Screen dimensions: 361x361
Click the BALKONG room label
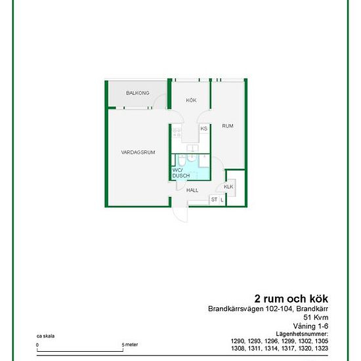click(x=138, y=93)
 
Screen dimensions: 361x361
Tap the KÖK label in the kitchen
click(x=191, y=100)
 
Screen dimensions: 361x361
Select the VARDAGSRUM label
click(x=138, y=152)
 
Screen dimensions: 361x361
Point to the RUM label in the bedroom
click(x=228, y=126)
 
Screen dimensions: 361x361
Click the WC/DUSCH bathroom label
click(x=181, y=173)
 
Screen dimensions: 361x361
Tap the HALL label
click(x=192, y=190)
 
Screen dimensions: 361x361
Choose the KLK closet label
click(x=228, y=186)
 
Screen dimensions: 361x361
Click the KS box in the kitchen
click(x=204, y=129)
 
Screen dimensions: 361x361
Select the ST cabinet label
click(x=214, y=200)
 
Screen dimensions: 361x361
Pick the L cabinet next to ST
click(x=222, y=200)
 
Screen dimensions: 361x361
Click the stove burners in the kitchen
click(x=177, y=133)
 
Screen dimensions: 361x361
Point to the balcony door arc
click(x=159, y=100)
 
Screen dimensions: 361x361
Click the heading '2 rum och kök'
click(x=291, y=299)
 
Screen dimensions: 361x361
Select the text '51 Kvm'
click(x=316, y=317)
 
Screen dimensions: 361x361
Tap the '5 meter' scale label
click(x=130, y=345)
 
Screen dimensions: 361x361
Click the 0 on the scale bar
click(x=37, y=345)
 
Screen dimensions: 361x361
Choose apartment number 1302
click(x=305, y=341)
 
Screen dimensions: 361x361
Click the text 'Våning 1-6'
click(x=311, y=326)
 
